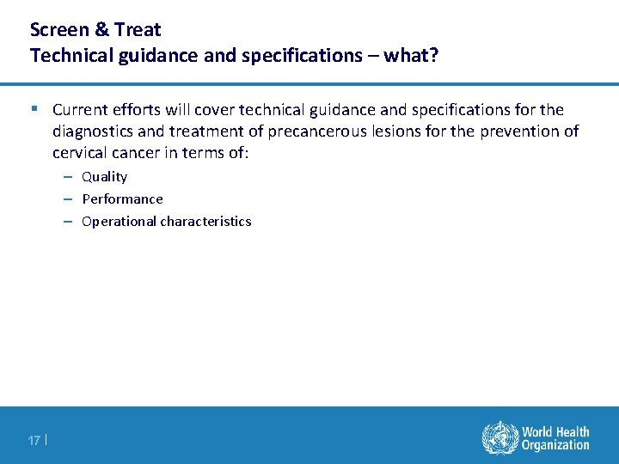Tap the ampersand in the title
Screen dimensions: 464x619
(100, 30)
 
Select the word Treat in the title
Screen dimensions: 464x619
(137, 30)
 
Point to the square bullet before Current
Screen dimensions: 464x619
(34, 109)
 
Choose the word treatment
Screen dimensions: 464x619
(219, 131)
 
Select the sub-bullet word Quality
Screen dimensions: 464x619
(104, 177)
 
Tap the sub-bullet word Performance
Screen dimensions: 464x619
(122, 199)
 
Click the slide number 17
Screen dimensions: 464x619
(34, 440)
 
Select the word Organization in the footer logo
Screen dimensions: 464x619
(555, 445)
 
